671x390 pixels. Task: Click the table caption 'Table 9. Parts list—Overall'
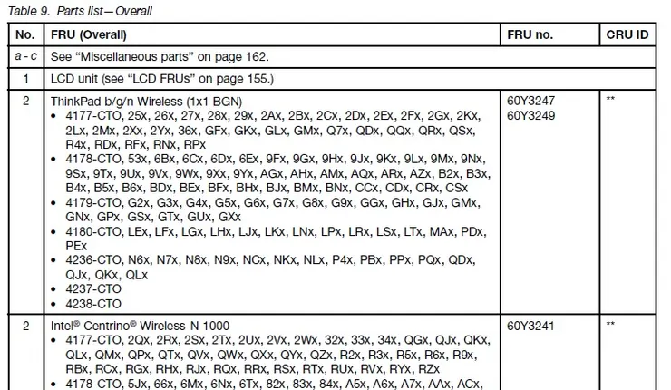pyautogui.click(x=81, y=12)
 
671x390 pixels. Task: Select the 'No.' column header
pyautogui.click(x=26, y=35)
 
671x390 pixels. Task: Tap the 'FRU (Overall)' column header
pyautogui.click(x=89, y=35)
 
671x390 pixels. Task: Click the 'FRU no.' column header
pyautogui.click(x=532, y=35)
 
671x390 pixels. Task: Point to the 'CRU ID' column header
pyautogui.click(x=626, y=35)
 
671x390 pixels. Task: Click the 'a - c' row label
pyautogui.click(x=26, y=57)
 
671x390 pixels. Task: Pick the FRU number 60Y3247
pyautogui.click(x=533, y=102)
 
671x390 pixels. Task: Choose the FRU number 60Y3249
pyautogui.click(x=533, y=115)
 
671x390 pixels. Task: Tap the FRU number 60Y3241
pyautogui.click(x=533, y=326)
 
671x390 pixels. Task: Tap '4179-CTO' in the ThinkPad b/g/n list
pyautogui.click(x=93, y=203)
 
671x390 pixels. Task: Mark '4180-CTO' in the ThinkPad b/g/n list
pyautogui.click(x=93, y=232)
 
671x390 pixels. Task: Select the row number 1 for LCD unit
pyautogui.click(x=26, y=79)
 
